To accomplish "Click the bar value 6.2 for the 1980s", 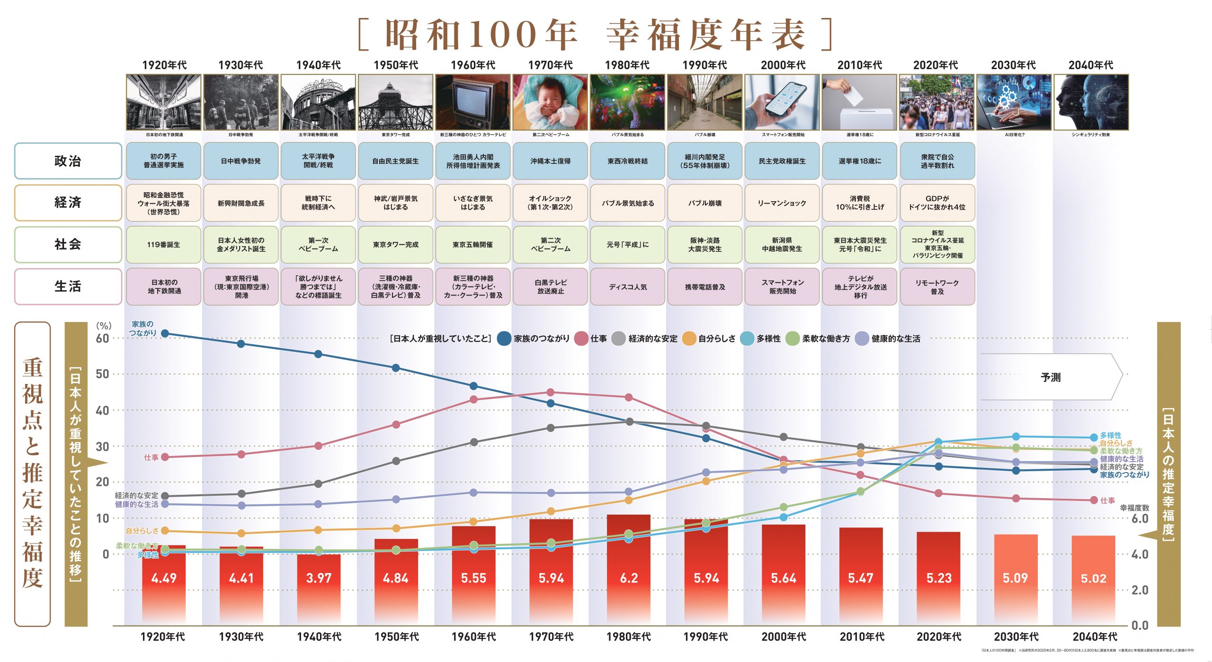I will coord(629,578).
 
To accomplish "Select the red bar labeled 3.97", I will coord(319,587).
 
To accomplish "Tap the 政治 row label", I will coord(68,161).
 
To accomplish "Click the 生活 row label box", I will coord(68,286).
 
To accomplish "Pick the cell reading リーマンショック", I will coord(782,203).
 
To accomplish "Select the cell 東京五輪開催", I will coord(472,245).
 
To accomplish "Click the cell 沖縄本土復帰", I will coord(550,161).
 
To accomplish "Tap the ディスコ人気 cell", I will coord(628,287).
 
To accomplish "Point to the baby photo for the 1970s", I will coord(550,102).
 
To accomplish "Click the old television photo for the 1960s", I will coord(472,102).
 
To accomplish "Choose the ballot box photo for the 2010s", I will coord(859,102).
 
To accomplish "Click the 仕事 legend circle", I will coord(581,339).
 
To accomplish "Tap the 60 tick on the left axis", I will coord(102,339).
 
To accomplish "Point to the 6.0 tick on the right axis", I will coord(1140,519).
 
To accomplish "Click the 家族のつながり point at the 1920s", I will coord(165,333).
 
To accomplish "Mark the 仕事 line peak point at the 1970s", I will coord(550,393).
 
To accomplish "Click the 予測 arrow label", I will coord(1051,377).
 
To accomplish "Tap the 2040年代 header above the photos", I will coord(1091,65).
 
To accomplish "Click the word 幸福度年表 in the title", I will coord(705,35).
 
